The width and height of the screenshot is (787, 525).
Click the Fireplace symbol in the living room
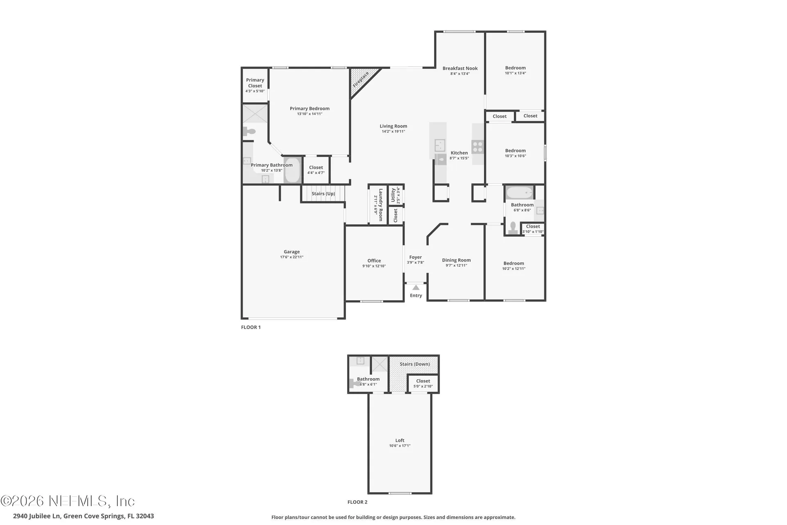click(361, 80)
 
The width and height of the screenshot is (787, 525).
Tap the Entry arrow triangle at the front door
click(416, 288)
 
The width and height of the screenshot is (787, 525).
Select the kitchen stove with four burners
click(478, 146)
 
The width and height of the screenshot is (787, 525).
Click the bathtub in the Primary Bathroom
click(292, 171)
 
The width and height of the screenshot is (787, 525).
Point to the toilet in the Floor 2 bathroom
click(353, 383)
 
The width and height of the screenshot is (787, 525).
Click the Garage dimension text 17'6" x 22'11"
click(292, 257)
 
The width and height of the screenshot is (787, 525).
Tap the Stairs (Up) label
click(323, 194)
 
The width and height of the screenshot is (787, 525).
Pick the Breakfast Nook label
click(460, 68)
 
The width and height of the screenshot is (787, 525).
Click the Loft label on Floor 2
click(400, 441)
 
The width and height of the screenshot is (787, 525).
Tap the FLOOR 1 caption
click(251, 327)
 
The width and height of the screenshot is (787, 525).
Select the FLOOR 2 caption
click(357, 502)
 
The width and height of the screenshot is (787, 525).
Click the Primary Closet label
click(255, 83)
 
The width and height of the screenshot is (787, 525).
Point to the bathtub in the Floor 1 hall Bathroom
click(519, 192)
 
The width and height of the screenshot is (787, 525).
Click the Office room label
click(374, 261)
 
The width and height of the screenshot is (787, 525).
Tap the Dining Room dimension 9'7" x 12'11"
click(456, 265)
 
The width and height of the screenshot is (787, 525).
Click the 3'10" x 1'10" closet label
click(533, 232)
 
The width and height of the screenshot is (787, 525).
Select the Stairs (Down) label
click(415, 364)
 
